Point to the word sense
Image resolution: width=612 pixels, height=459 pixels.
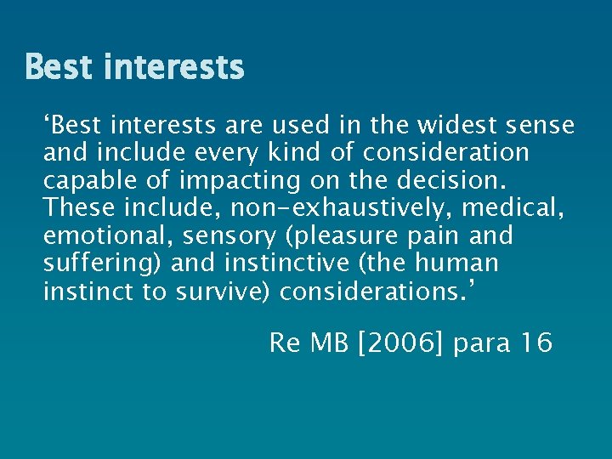[x=540, y=126]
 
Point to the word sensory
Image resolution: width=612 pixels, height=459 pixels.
[x=223, y=235]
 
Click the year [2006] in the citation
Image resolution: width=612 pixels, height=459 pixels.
[x=395, y=343]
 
